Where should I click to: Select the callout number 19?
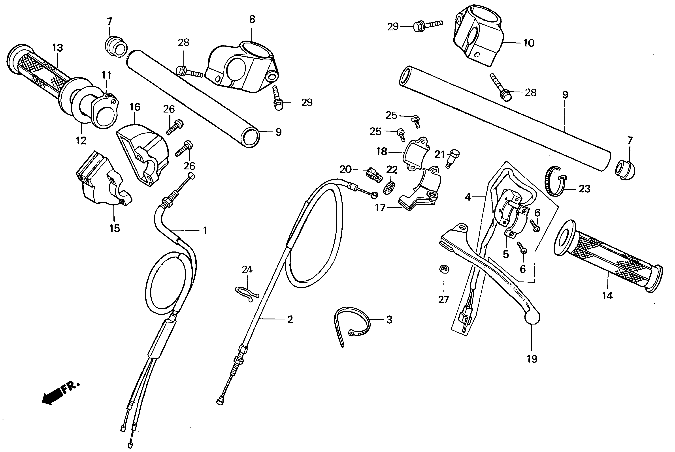pyautogui.click(x=532, y=359)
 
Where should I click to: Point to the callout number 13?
pyautogui.click(x=58, y=48)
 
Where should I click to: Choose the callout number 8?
pyautogui.click(x=252, y=20)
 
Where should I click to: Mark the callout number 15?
pyautogui.click(x=115, y=228)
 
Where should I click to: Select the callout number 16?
pyautogui.click(x=135, y=107)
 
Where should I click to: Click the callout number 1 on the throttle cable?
pyautogui.click(x=205, y=230)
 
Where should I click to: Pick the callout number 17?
pyautogui.click(x=380, y=208)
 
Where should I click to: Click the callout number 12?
pyautogui.click(x=81, y=141)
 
